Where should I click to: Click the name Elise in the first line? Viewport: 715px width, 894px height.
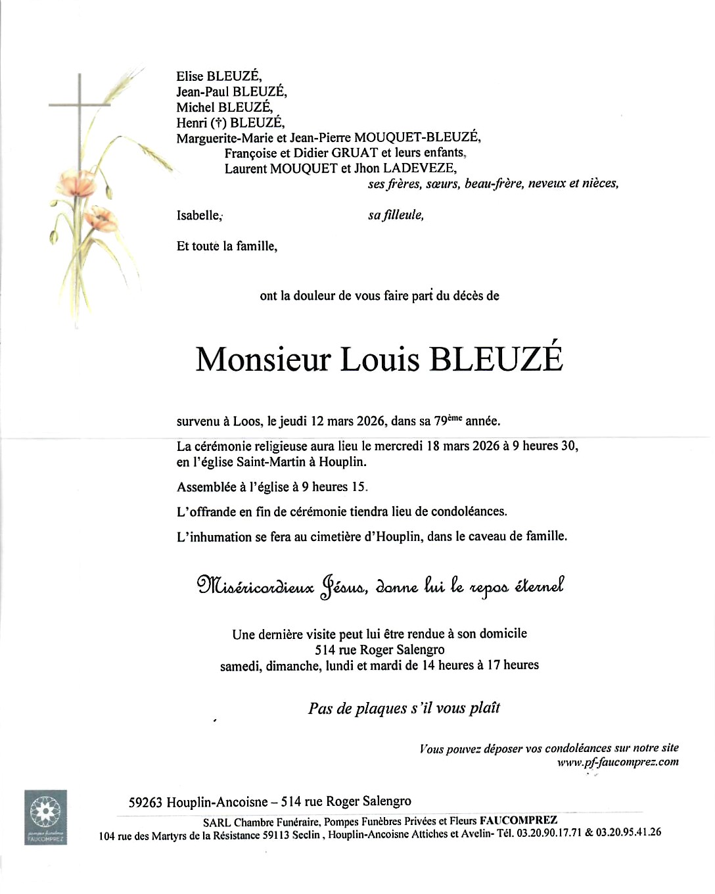click(190, 76)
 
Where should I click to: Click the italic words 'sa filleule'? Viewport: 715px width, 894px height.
click(396, 215)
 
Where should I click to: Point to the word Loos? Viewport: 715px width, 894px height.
click(246, 421)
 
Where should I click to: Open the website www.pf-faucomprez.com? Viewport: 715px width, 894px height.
click(618, 762)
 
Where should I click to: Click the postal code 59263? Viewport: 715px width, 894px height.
click(146, 802)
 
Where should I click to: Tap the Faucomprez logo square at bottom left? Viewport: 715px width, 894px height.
click(45, 817)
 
